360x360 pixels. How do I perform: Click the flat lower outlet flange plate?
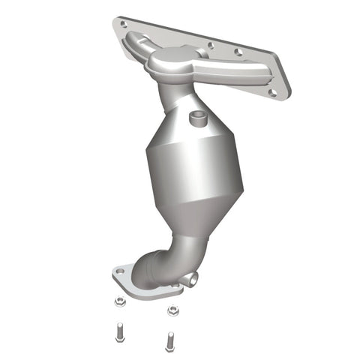(142, 280)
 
